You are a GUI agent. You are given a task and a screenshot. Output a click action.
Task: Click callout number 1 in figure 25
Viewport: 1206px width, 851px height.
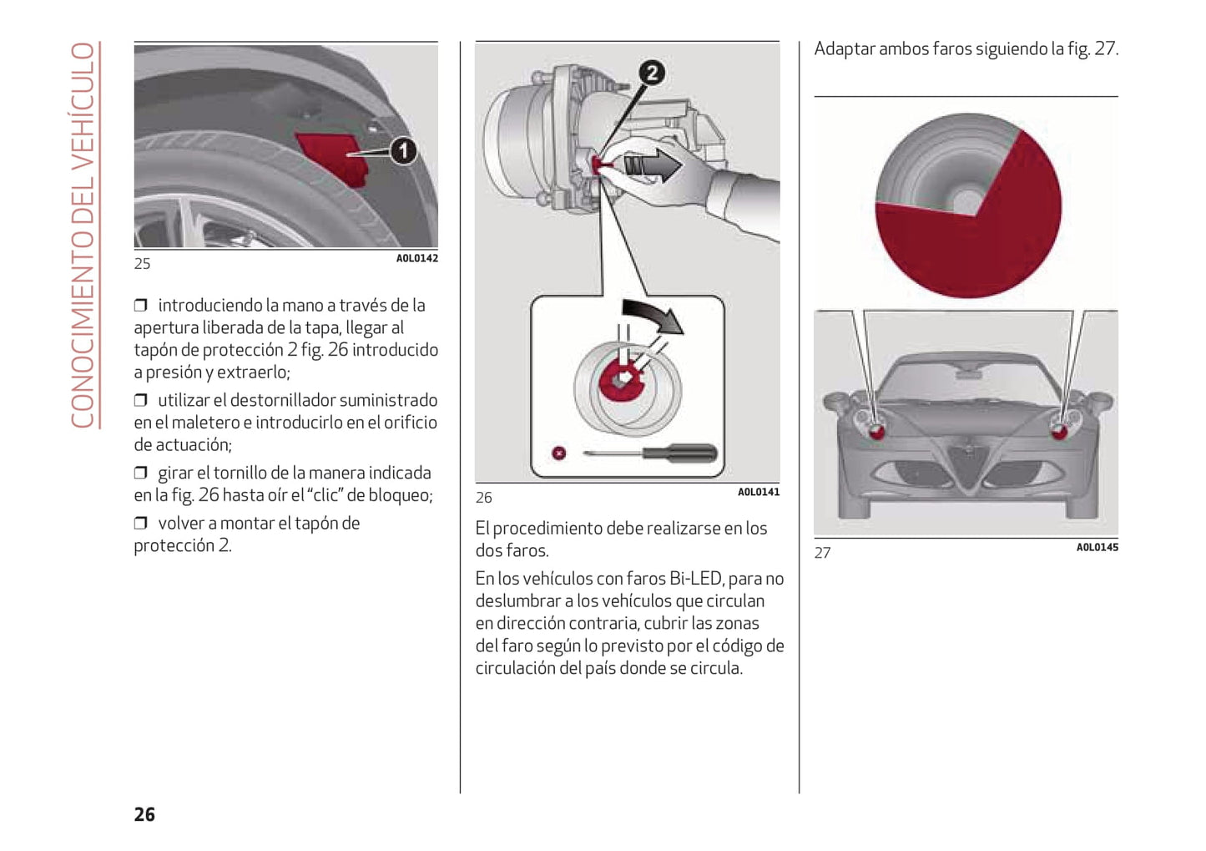click(x=404, y=151)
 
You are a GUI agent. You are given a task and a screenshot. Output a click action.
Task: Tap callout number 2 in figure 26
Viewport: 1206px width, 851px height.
click(x=652, y=73)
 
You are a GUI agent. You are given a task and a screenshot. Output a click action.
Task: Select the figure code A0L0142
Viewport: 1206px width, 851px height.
click(x=416, y=259)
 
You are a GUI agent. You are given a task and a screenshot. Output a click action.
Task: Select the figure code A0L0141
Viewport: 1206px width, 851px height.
click(x=758, y=493)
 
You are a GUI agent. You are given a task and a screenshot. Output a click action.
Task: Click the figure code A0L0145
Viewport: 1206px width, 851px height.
click(x=1097, y=548)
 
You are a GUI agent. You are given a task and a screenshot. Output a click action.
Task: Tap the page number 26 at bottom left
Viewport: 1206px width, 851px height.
click(x=144, y=814)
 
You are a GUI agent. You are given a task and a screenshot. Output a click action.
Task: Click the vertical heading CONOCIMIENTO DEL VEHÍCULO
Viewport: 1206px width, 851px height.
click(x=83, y=235)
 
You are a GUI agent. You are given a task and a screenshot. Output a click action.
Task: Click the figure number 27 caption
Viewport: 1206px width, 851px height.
click(x=822, y=553)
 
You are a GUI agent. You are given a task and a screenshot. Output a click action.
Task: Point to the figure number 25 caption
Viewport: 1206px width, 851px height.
click(x=142, y=264)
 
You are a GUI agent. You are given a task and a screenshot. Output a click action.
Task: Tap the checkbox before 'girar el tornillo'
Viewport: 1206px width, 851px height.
click(x=141, y=474)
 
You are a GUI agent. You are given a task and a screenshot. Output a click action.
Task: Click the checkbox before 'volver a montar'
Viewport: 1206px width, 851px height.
click(x=141, y=524)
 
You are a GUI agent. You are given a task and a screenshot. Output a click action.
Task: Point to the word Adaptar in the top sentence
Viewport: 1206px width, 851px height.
click(x=844, y=49)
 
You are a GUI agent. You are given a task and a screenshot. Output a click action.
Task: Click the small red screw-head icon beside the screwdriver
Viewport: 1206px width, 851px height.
click(x=558, y=453)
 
